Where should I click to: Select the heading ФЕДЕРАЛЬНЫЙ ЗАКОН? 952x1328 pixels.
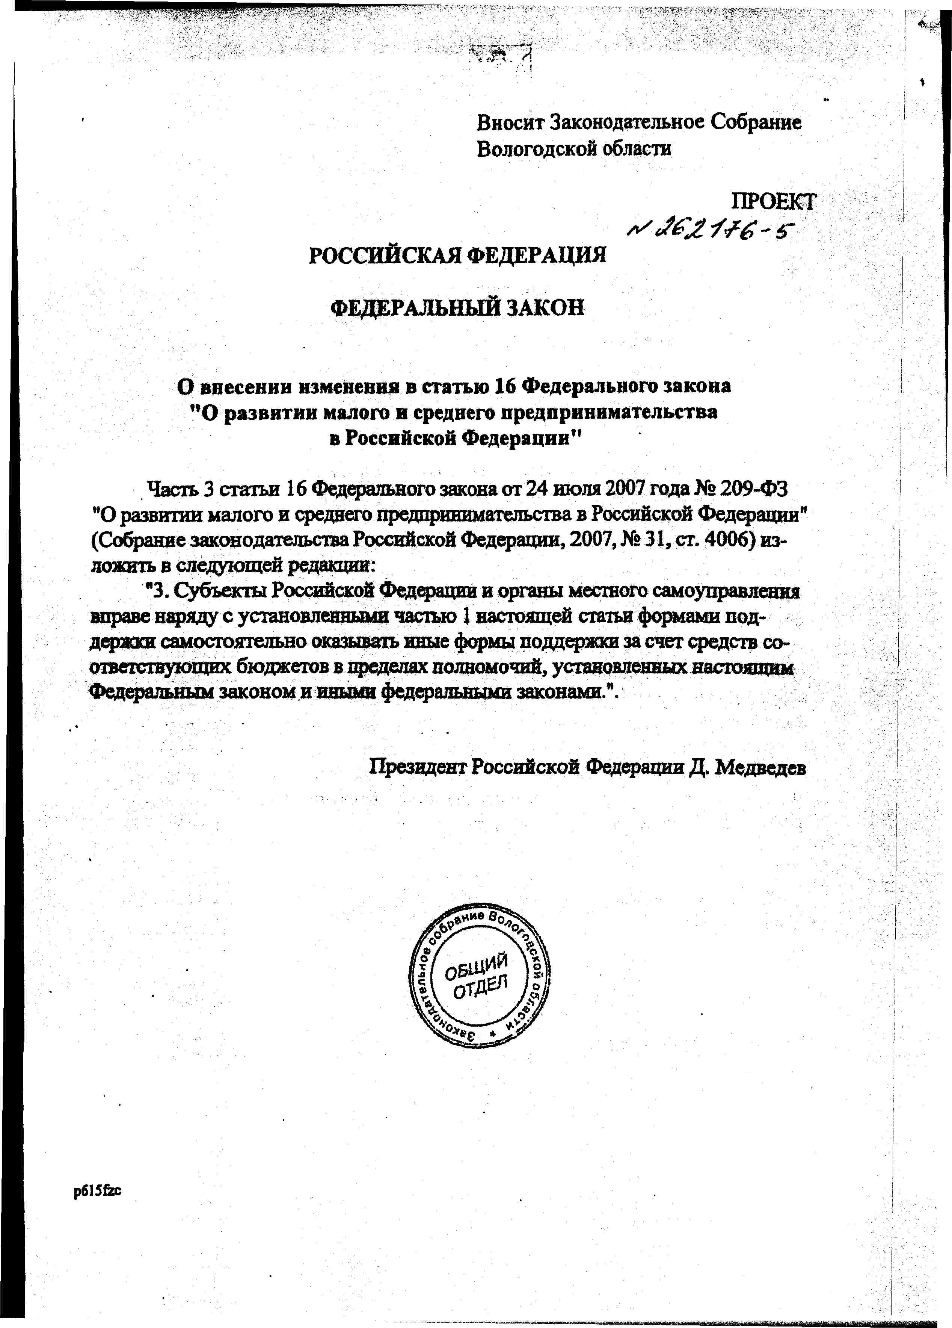(x=458, y=307)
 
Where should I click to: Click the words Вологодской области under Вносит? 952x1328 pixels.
(x=574, y=148)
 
